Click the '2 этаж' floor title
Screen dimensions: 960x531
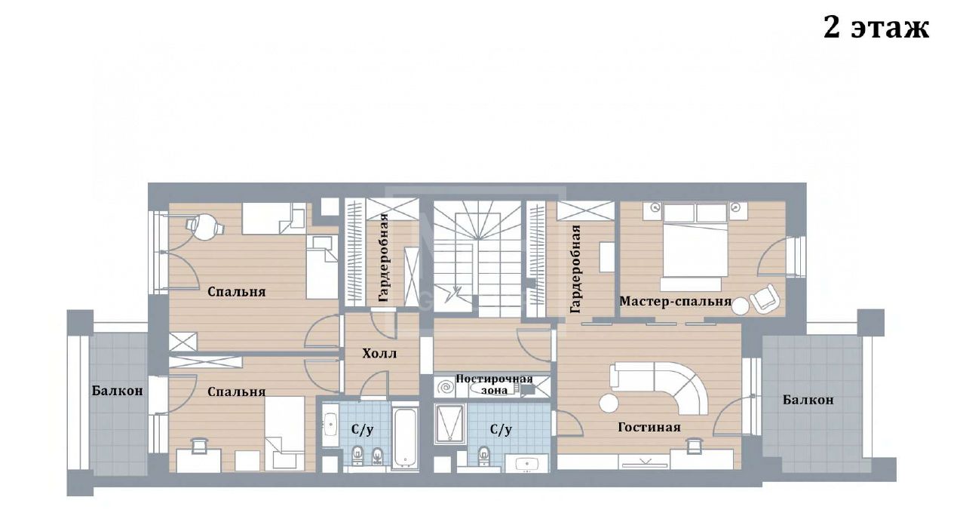click(x=876, y=29)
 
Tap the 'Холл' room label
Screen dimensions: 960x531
click(x=379, y=354)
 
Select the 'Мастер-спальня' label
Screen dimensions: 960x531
click(x=675, y=301)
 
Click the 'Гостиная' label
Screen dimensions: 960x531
click(x=649, y=427)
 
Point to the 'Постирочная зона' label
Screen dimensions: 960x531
click(x=494, y=385)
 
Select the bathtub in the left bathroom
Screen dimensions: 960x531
click(x=404, y=437)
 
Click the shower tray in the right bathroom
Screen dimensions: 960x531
click(x=449, y=423)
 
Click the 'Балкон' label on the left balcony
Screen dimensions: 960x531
click(x=117, y=391)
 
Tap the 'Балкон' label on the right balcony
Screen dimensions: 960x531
click(x=808, y=400)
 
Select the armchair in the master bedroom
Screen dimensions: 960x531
click(x=765, y=297)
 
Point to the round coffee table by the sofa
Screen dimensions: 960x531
click(x=609, y=403)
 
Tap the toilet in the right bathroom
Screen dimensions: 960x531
click(x=484, y=455)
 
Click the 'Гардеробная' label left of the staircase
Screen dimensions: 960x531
click(x=384, y=257)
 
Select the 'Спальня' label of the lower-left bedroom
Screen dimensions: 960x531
click(x=237, y=391)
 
